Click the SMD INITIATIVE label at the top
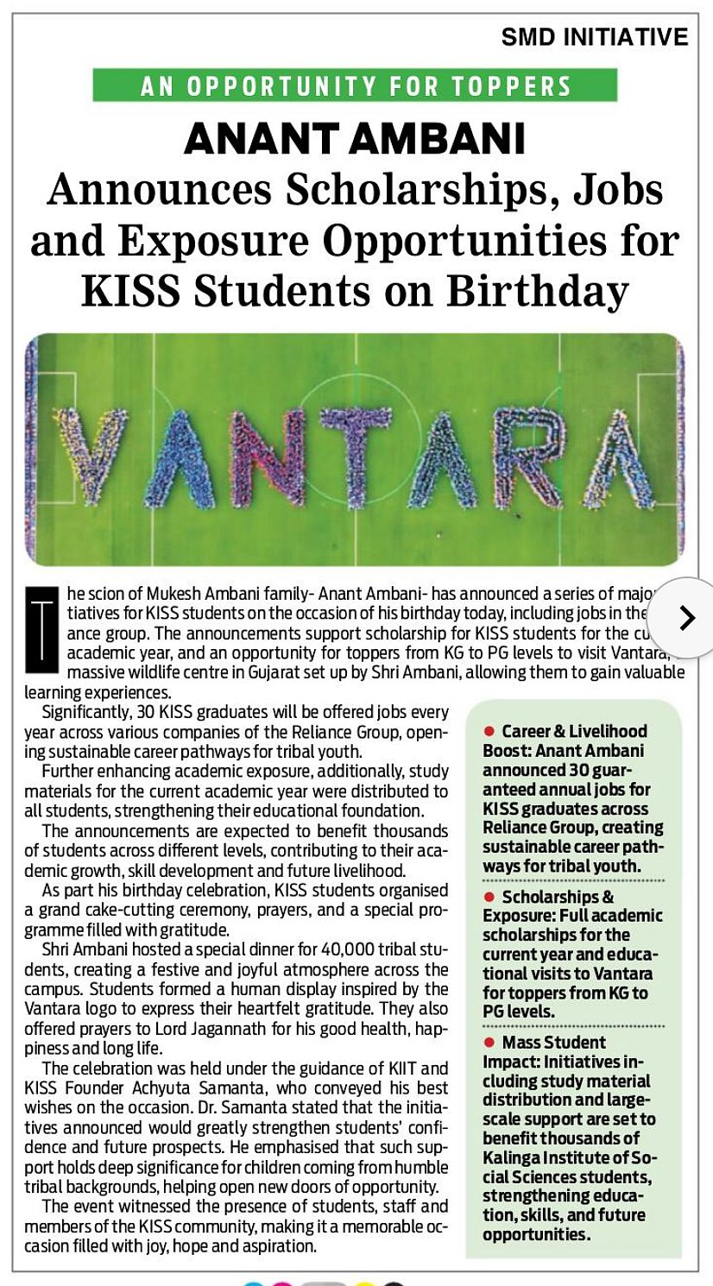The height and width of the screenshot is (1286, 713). coord(595,37)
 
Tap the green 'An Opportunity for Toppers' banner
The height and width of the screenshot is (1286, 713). coord(356,86)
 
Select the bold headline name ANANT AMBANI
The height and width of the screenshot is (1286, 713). coord(355,138)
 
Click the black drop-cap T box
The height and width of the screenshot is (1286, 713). coord(41,629)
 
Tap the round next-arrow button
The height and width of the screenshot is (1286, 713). coord(685,617)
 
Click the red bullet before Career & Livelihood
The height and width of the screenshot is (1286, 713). coord(488,731)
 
